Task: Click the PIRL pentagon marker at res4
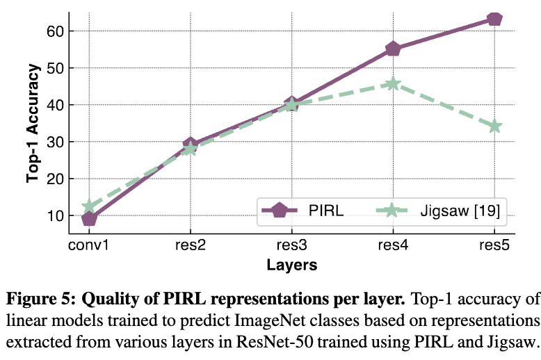[393, 49]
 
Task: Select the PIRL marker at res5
[494, 19]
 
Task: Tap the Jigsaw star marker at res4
[393, 83]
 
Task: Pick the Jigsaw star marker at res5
[494, 126]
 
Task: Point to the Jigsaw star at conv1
[89, 206]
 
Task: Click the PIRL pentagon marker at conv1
[89, 219]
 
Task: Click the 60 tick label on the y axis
[56, 31]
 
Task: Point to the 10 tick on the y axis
[56, 215]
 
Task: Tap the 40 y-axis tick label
[56, 105]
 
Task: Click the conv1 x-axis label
[89, 245]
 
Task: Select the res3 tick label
[291, 245]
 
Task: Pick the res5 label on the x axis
[494, 245]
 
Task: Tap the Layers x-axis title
[291, 265]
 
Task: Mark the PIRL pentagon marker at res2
[191, 145]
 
